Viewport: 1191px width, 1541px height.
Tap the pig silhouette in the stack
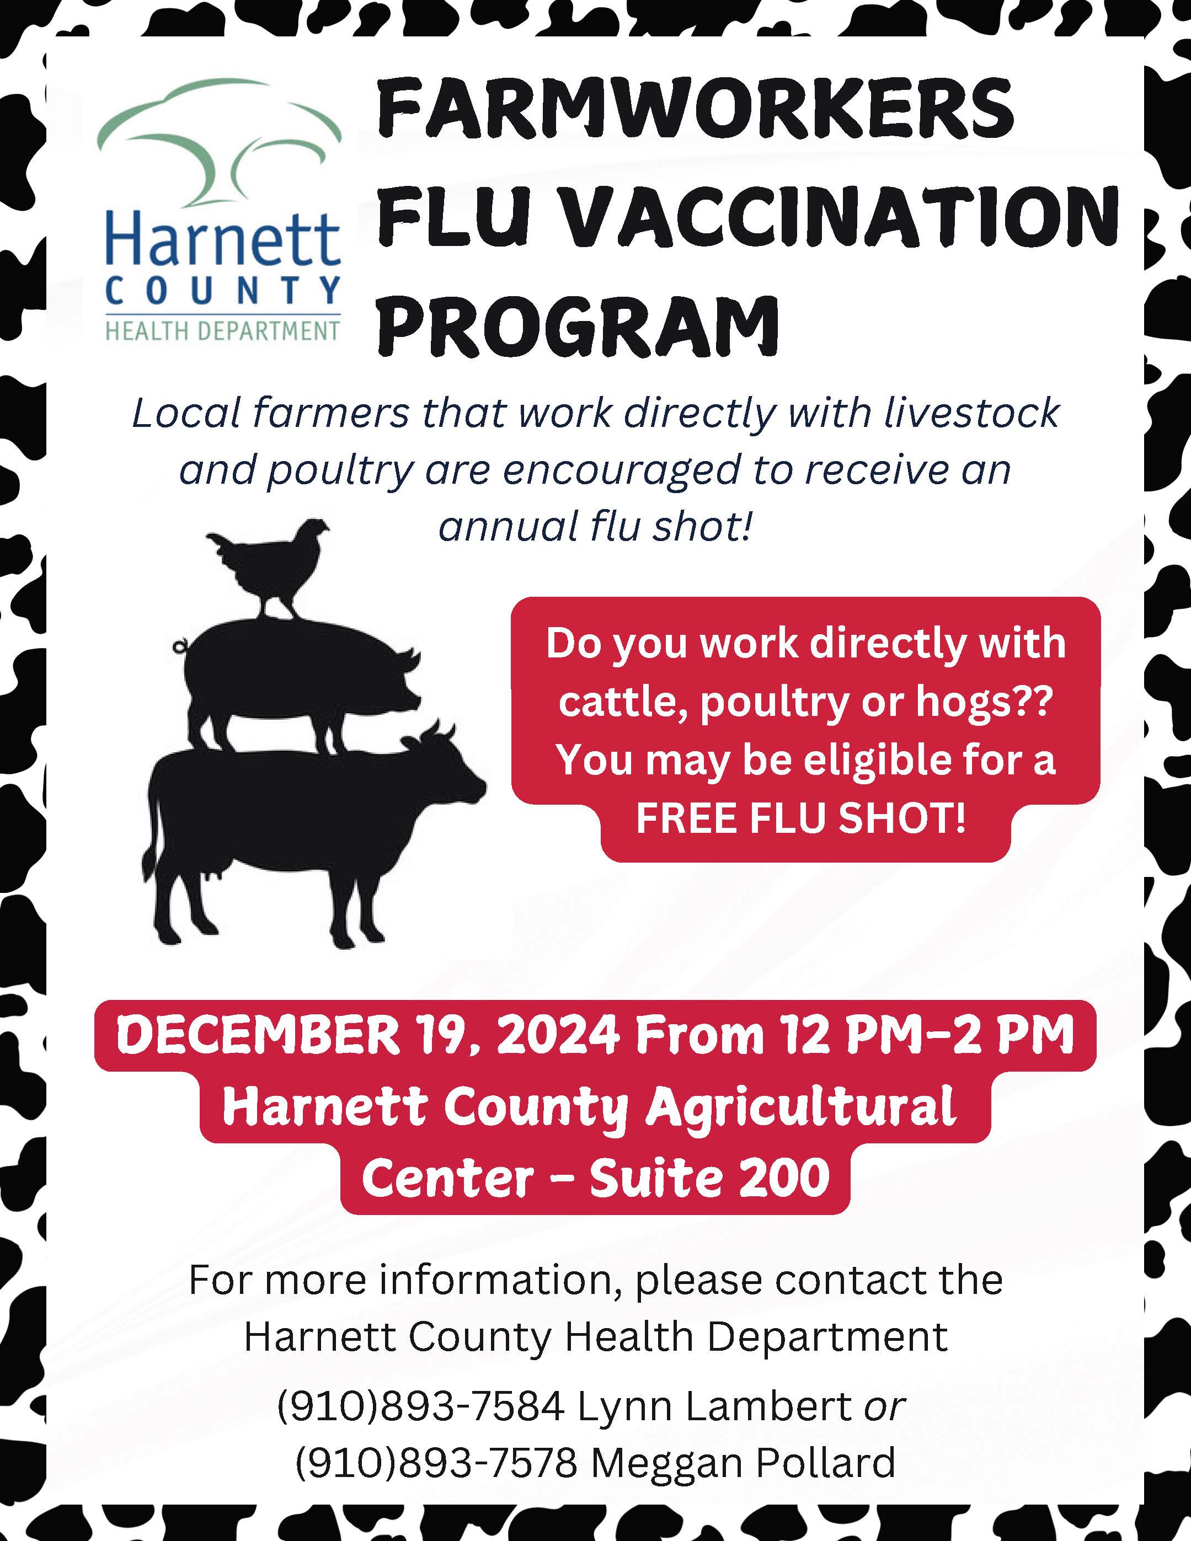pos(296,677)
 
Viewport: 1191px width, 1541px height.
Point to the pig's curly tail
pos(180,644)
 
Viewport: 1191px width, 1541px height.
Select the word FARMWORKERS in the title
pos(695,109)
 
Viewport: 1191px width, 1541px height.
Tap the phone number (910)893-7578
pos(437,1463)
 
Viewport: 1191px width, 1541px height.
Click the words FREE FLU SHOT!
pos(801,818)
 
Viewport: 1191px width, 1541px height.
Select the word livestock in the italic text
pos(971,412)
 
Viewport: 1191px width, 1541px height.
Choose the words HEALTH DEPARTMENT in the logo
pos(223,330)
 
